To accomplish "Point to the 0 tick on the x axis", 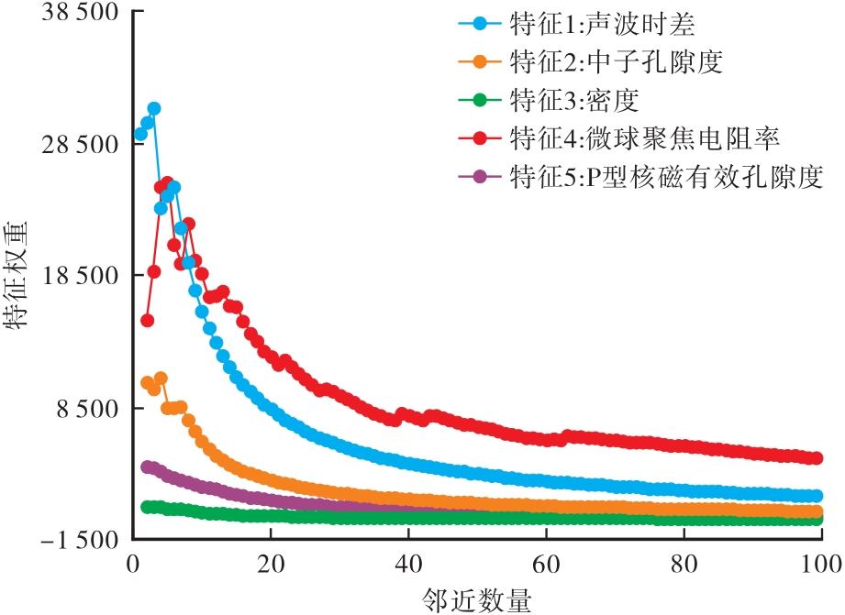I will [132, 562].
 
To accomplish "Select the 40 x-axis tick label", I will [407, 562].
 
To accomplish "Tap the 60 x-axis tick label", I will [545, 562].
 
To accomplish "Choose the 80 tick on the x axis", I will [683, 562].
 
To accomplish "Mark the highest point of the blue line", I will [154, 108].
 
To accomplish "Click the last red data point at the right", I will [814, 457].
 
